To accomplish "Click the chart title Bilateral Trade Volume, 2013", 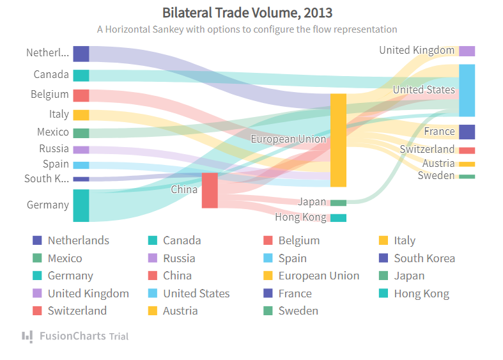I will [247, 13].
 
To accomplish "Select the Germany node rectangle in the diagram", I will [81, 205].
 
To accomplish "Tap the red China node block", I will [210, 190].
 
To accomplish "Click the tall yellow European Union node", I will [338, 140].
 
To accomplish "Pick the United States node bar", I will [467, 90].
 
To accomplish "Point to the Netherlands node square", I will [81, 54].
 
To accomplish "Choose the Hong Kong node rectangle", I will [338, 218].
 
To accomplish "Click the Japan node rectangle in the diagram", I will [338, 203].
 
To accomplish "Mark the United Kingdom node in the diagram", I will [467, 51].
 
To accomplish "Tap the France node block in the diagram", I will [467, 132].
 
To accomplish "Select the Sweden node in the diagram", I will [467, 176].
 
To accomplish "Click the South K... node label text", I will [47, 178].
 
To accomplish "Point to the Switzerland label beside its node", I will [427, 150].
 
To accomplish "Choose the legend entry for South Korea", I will [424, 258].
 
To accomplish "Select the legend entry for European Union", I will [318, 276].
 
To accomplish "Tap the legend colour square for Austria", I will [153, 311].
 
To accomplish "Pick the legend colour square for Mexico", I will [37, 258].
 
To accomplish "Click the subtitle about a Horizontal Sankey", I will [247, 29].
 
